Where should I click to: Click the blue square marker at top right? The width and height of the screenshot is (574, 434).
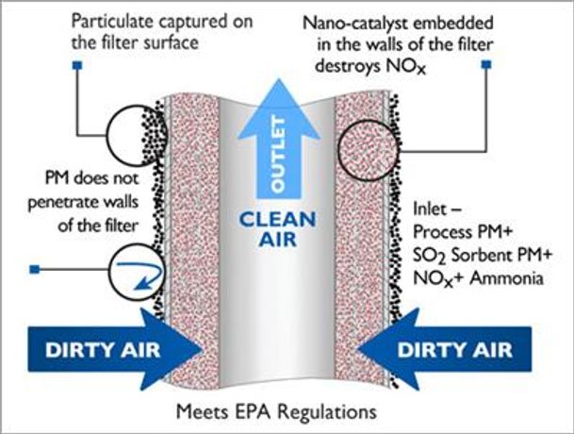487,65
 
